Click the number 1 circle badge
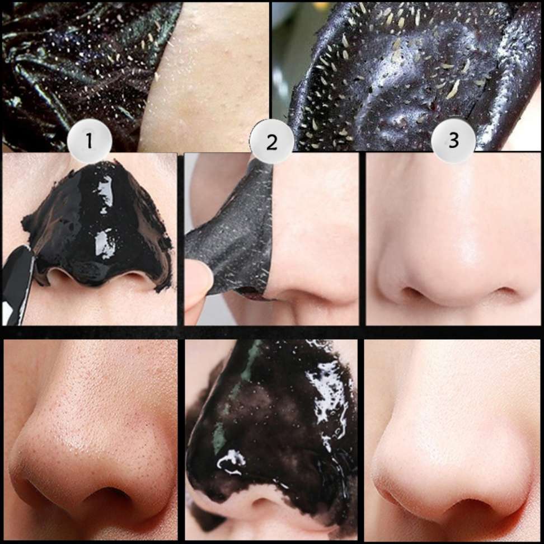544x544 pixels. click(90, 141)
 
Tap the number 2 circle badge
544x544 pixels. click(271, 141)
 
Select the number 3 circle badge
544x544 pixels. click(453, 140)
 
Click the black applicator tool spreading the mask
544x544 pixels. click(16, 284)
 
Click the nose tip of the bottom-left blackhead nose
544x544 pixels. click(83, 448)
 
